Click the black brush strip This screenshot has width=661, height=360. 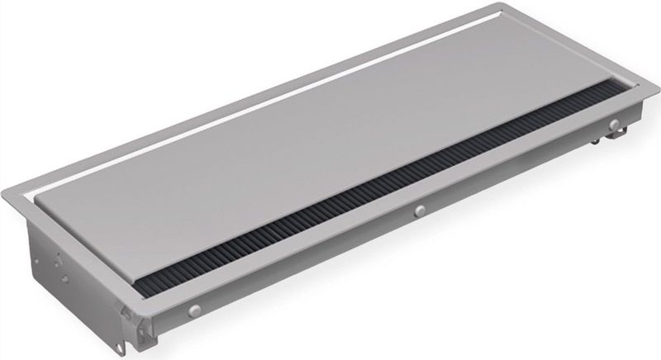(372, 198)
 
